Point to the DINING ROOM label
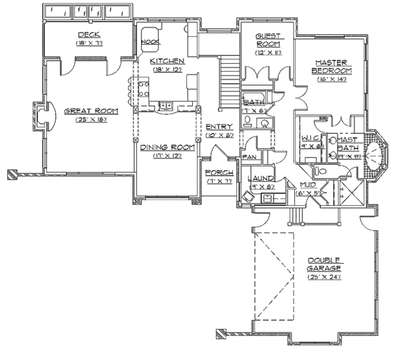161,147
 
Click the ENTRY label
217,126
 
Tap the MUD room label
307,185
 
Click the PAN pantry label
250,158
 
